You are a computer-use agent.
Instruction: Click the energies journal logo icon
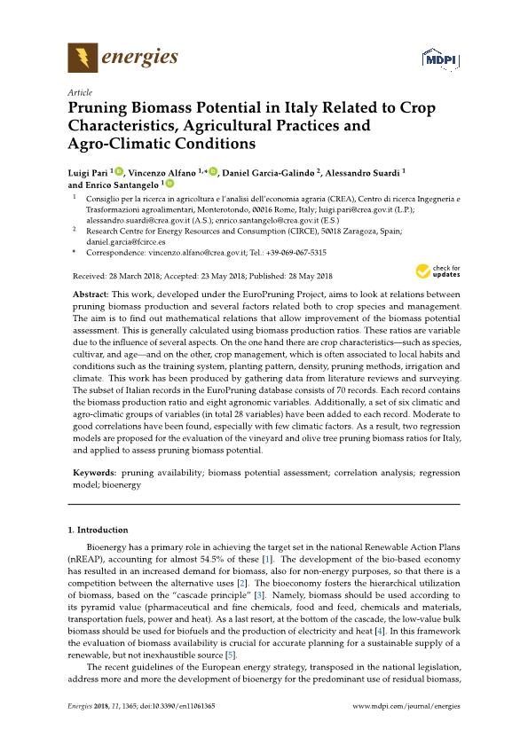[82, 59]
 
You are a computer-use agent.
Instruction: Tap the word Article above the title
[81, 92]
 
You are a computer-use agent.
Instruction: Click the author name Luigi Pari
[91, 172]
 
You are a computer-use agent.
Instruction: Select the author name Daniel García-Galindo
[271, 172]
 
